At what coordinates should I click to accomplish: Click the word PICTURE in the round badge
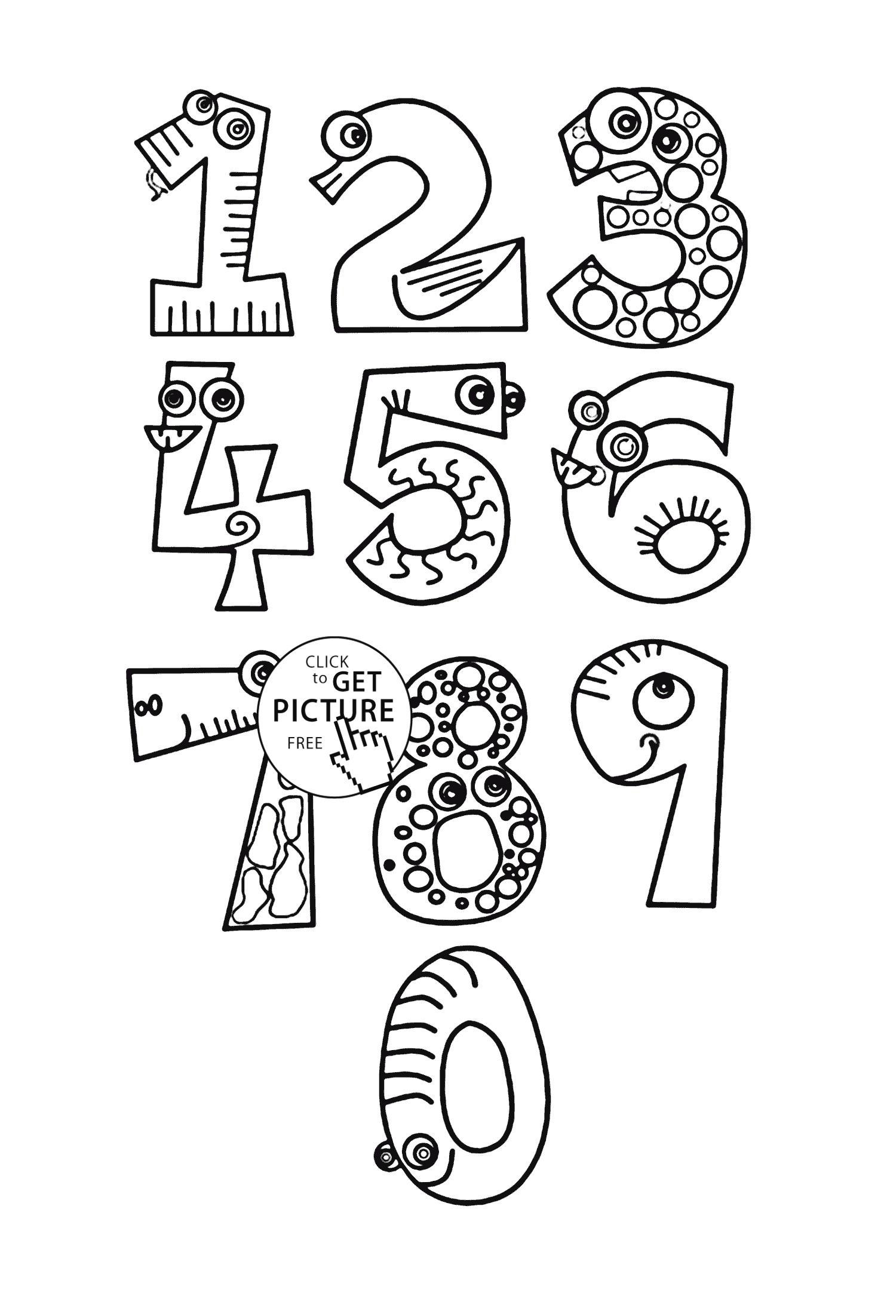333,710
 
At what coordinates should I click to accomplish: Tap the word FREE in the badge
305,743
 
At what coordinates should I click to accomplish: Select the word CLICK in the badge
327,661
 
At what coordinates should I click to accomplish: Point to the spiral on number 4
241,526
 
